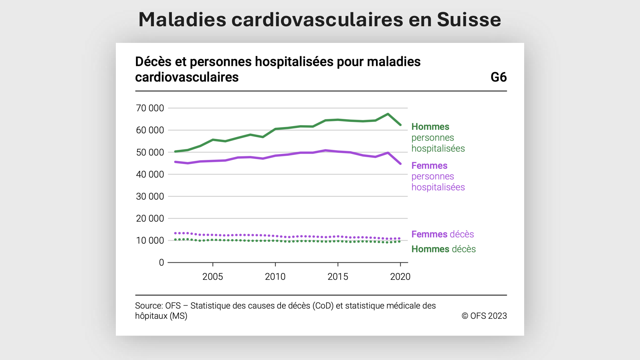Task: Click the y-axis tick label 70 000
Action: (150, 108)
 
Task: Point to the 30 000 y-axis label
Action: (150, 196)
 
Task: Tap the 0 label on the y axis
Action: (161, 263)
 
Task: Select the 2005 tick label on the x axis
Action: (212, 277)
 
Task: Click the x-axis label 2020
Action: (400, 277)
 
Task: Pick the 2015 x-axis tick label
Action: (338, 277)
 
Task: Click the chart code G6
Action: (498, 77)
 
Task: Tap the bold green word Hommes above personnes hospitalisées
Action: (430, 127)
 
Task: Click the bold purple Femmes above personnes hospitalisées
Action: (429, 166)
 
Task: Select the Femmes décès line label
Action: (442, 234)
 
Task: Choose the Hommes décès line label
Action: (443, 249)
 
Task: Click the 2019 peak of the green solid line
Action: (388, 114)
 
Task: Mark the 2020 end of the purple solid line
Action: (400, 164)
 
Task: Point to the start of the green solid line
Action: (175, 151)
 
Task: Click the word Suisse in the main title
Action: (468, 20)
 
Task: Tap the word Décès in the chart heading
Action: (153, 62)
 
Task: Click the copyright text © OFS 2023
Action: (484, 316)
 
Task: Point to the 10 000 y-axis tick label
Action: (150, 241)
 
